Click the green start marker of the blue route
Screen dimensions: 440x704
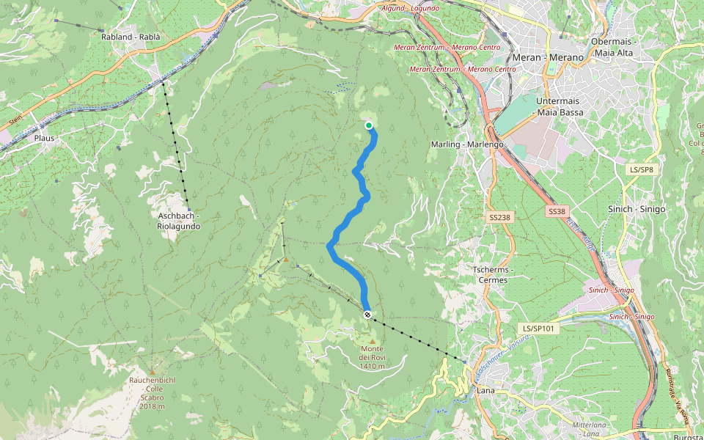tap(369, 125)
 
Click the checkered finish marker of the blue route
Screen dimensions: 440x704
tap(367, 315)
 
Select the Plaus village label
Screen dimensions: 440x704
tap(45, 137)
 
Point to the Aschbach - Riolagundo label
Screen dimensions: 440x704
tap(179, 221)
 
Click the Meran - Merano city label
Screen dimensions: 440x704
tap(549, 57)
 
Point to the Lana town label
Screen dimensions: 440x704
tap(485, 390)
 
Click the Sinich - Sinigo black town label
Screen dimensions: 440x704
tap(637, 209)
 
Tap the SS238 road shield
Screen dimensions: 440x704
tap(499, 218)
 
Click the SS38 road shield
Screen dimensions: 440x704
tap(557, 211)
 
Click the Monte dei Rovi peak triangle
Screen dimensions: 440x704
tap(373, 341)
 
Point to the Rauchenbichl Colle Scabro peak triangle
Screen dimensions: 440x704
tap(152, 373)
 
